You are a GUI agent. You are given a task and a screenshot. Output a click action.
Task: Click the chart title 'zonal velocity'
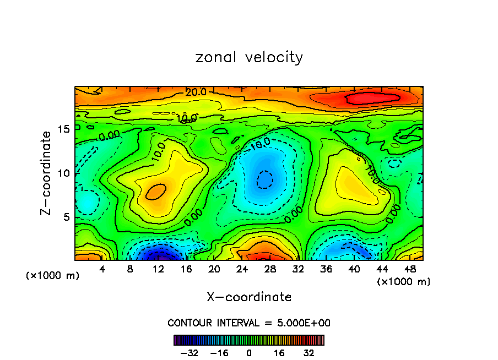(x=249, y=57)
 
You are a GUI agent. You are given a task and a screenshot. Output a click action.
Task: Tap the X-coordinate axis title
(x=249, y=297)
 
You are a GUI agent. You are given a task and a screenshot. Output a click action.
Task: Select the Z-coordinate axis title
(x=48, y=173)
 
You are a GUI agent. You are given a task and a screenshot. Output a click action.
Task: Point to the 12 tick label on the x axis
(x=158, y=269)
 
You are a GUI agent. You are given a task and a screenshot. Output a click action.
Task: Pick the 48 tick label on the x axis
(x=409, y=269)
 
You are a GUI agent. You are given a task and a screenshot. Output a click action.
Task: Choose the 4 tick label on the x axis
(x=102, y=269)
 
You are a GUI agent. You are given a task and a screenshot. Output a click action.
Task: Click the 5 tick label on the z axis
(x=67, y=217)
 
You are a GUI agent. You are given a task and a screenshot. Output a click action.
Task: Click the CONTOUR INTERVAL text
(x=249, y=323)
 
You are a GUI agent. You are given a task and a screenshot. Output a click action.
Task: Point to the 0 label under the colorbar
(x=249, y=353)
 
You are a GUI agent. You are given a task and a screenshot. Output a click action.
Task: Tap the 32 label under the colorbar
(x=309, y=353)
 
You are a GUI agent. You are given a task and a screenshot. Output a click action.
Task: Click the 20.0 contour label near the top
(x=196, y=92)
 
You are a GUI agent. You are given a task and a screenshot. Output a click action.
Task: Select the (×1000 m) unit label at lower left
(x=53, y=276)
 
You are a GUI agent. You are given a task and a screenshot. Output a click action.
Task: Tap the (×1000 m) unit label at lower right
(x=403, y=282)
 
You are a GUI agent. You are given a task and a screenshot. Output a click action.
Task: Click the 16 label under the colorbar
(x=279, y=353)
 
